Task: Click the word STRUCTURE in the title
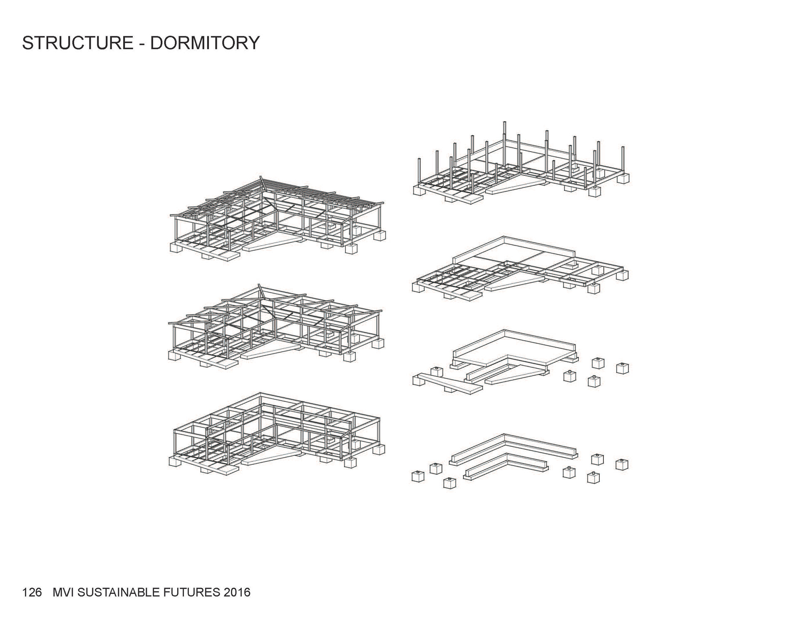click(77, 43)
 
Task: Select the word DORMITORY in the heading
click(205, 43)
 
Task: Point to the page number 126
click(32, 592)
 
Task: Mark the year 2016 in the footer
click(236, 592)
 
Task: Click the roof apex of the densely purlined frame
click(261, 178)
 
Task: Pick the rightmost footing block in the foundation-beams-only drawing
click(622, 464)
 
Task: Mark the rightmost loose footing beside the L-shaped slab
click(622, 369)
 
